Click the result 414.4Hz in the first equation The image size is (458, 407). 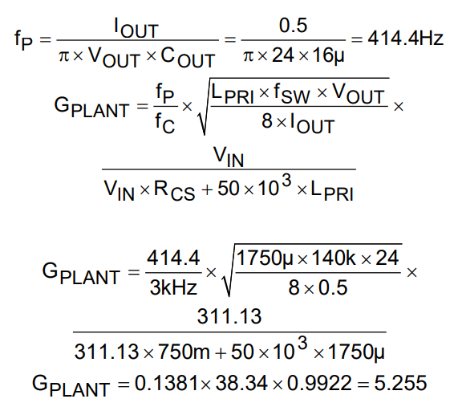(x=405, y=39)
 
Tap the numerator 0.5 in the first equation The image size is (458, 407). (x=293, y=25)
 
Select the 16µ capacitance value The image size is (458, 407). (x=328, y=55)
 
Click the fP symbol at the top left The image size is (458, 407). (x=23, y=40)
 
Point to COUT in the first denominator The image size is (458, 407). (x=188, y=57)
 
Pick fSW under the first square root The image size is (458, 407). (x=291, y=94)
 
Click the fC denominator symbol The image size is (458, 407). (x=165, y=123)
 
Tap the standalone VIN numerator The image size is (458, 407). (x=229, y=157)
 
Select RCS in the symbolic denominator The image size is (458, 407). (x=174, y=191)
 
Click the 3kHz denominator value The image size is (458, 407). (x=173, y=287)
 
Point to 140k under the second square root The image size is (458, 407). (x=334, y=258)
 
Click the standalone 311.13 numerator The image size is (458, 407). (x=229, y=316)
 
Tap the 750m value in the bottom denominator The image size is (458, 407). (x=184, y=351)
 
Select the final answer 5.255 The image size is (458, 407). (x=400, y=383)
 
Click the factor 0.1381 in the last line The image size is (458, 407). (x=168, y=383)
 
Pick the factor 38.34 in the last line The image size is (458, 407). (x=241, y=383)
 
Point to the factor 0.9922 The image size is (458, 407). (x=319, y=383)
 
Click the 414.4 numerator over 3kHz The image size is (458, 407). (x=173, y=258)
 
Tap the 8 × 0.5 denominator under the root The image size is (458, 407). (x=318, y=287)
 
